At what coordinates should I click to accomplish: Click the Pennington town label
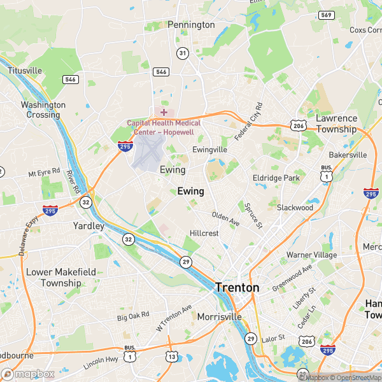(191, 25)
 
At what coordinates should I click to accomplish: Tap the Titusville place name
(25, 70)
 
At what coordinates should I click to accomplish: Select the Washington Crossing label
(43, 110)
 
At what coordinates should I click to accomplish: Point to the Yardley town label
(88, 226)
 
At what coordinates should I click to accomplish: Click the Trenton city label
(237, 288)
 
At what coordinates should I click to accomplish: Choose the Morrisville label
(219, 316)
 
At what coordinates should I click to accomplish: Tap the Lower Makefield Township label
(62, 278)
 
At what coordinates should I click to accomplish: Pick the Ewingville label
(209, 149)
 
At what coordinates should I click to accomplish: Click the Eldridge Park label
(276, 178)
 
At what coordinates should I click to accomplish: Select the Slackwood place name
(295, 208)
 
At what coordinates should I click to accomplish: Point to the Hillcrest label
(204, 234)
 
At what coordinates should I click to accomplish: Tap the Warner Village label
(311, 255)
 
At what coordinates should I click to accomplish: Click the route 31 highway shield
(183, 53)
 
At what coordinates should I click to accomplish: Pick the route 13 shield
(171, 357)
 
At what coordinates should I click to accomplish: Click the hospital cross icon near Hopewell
(164, 112)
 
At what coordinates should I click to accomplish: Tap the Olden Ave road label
(225, 219)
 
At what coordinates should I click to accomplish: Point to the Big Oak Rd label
(133, 316)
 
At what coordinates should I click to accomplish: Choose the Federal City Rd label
(248, 121)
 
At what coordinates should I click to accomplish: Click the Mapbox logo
(27, 374)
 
